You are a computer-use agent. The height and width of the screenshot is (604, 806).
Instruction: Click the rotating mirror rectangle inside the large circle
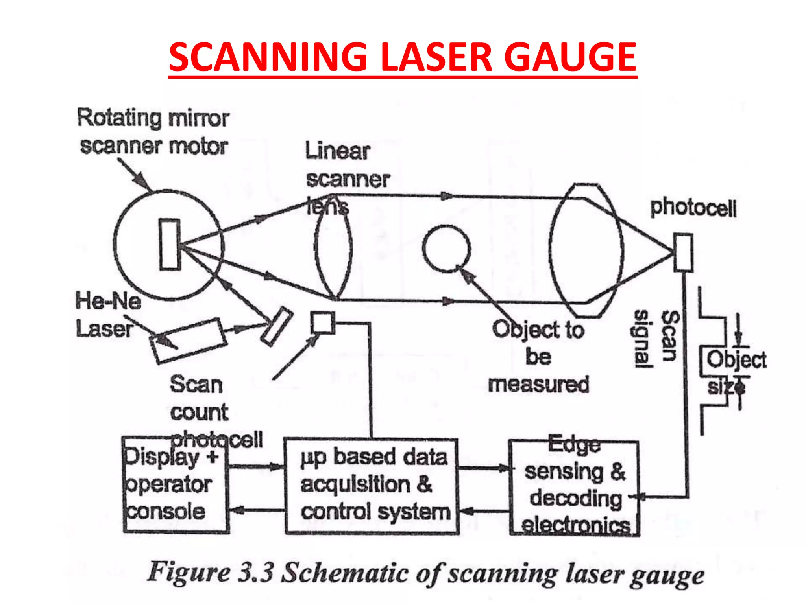point(170,245)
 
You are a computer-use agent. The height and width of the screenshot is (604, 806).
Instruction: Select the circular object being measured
point(446,249)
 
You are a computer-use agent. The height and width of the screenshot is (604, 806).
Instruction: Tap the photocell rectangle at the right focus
point(683,252)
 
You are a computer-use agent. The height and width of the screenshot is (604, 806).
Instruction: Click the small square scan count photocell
point(323,323)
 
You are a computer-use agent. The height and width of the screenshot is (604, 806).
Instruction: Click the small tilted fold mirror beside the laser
point(277,326)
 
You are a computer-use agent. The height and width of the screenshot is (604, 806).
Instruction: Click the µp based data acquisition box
point(372,486)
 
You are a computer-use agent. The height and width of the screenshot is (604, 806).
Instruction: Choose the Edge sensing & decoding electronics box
point(574,488)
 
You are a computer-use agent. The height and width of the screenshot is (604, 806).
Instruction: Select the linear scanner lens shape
point(333,248)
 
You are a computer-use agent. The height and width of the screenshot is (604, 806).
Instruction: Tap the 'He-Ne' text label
point(108,301)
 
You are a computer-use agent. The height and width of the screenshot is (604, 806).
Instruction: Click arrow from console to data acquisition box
point(256,467)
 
